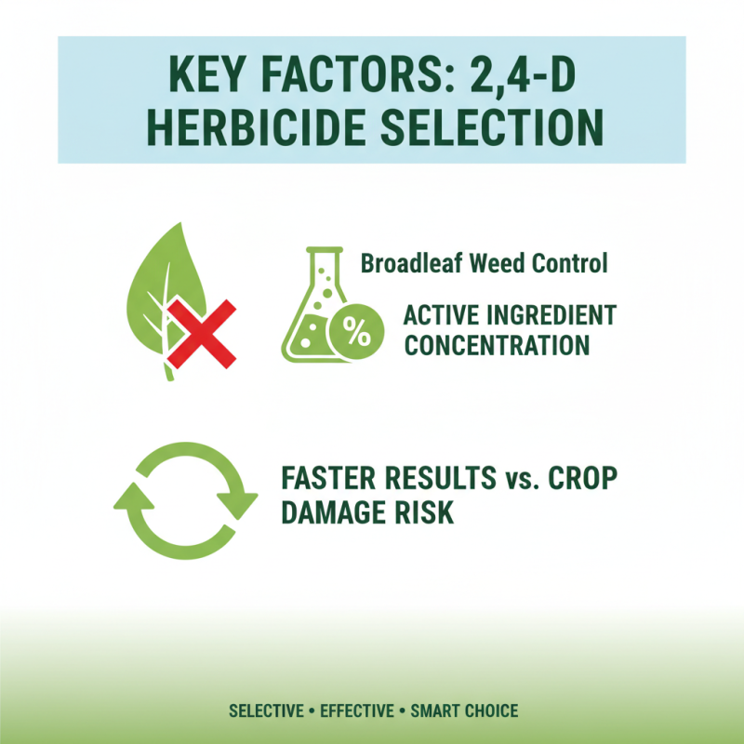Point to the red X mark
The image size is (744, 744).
click(202, 332)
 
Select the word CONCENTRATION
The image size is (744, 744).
click(497, 345)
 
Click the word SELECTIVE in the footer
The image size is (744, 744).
click(266, 711)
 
